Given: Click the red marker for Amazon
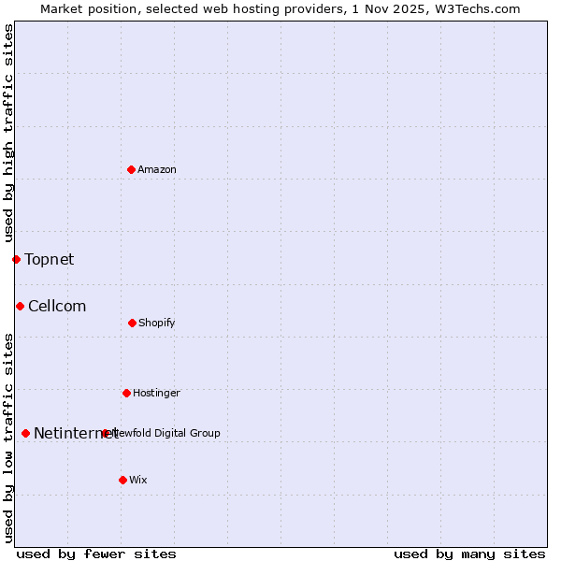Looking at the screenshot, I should pos(132,169).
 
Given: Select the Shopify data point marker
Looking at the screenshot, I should pos(132,323).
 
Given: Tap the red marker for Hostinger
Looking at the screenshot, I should pos(126,393).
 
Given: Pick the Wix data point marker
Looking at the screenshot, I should pos(122,480).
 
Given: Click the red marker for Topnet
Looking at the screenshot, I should pos(16,259).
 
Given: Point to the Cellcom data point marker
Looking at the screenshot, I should pos(20,306).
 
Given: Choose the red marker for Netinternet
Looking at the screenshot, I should pos(25,433).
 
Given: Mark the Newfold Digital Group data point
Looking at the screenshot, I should pos(105,433).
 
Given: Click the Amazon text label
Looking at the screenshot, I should pos(157,169).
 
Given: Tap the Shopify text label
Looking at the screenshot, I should pos(157,323).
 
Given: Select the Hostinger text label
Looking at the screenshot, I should pos(156,393).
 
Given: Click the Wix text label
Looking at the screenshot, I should pos(138,480).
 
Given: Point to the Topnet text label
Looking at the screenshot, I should pos(49,259).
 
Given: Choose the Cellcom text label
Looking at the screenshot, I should pos(57,306).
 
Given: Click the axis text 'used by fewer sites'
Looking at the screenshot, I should pos(96,554).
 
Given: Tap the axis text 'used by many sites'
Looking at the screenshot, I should pos(469,554).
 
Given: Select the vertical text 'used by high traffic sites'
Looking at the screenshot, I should pos(8,134).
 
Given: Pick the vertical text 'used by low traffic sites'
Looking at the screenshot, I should pos(8,438).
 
